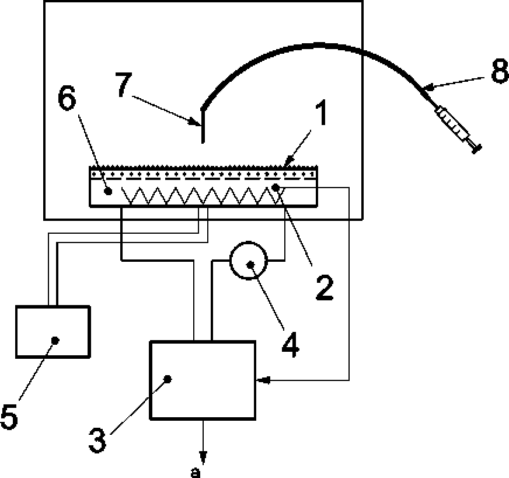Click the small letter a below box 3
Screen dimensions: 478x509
tap(196, 472)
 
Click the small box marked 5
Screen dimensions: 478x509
tap(53, 331)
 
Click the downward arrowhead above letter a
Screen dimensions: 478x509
tap(203, 455)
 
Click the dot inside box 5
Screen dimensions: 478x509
tap(55, 340)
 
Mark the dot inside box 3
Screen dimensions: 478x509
tap(168, 379)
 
